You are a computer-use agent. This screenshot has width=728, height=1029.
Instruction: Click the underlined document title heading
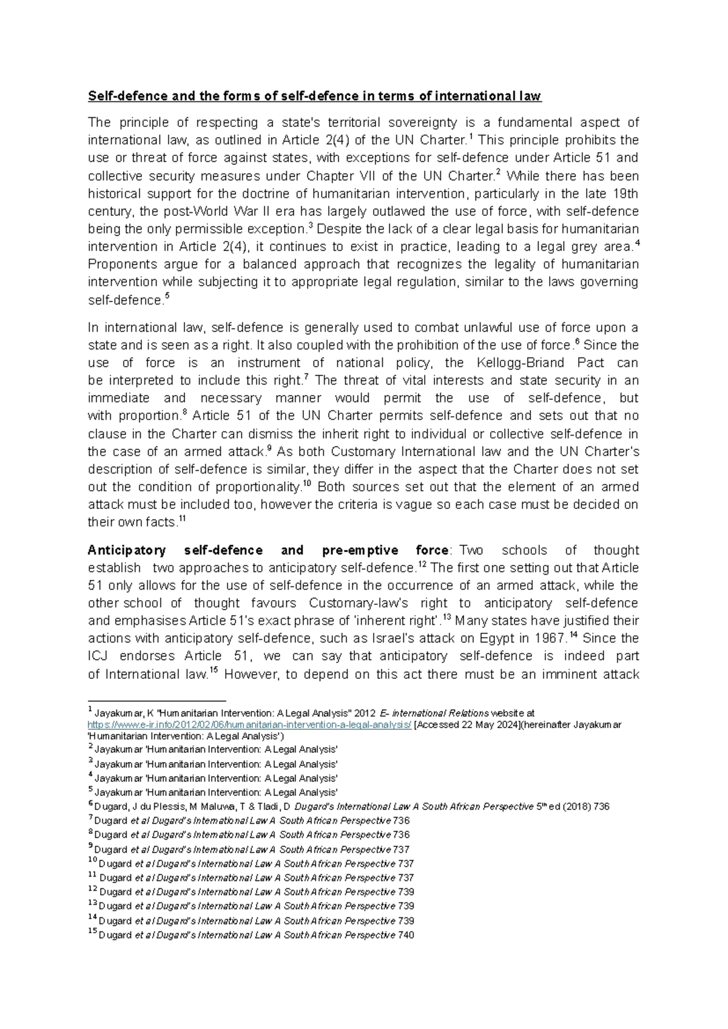tap(314, 96)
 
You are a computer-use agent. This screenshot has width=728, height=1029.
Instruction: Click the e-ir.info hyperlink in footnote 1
tap(249, 724)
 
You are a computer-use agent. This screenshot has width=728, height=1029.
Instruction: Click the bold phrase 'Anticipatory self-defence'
tap(175, 550)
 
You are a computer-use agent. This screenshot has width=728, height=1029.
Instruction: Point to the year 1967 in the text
tap(551, 638)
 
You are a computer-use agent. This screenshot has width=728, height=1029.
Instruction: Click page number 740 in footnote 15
tap(406, 935)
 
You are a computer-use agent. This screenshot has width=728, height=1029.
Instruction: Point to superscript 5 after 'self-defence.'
tap(167, 297)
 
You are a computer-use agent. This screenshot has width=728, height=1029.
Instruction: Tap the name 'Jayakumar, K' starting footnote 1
tap(124, 714)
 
